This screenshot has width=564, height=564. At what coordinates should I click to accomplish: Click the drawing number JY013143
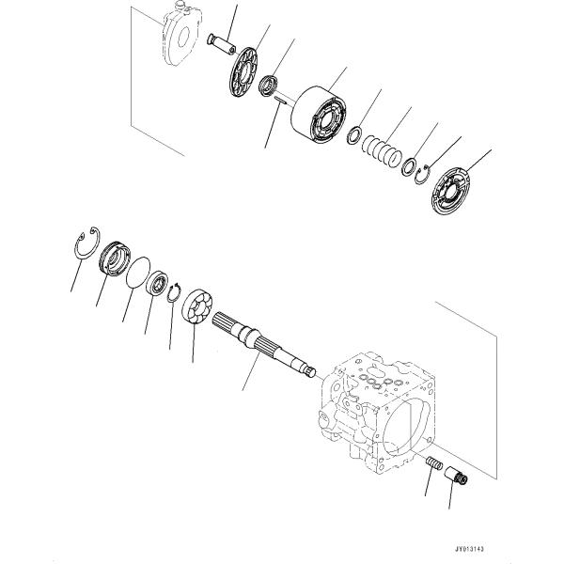469,549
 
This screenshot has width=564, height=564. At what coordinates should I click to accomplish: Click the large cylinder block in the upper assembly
319,115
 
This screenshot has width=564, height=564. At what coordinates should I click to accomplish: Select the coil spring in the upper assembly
382,151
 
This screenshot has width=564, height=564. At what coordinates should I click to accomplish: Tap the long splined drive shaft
263,345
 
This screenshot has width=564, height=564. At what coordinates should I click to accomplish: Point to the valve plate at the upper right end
451,191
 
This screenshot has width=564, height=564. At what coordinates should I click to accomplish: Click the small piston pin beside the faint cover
222,44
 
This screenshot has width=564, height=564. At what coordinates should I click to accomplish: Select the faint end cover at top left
181,36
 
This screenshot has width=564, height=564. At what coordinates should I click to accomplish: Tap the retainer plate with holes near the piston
243,72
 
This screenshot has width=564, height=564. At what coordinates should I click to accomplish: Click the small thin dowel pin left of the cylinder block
280,101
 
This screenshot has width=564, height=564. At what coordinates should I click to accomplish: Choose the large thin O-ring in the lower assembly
138,273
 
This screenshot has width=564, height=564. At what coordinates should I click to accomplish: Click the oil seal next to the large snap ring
115,259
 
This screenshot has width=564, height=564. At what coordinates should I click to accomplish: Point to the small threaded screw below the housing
434,462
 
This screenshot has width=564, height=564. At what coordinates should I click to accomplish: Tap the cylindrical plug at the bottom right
456,476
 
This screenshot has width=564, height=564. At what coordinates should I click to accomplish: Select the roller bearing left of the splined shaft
197,305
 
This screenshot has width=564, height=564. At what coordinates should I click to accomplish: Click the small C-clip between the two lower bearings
174,292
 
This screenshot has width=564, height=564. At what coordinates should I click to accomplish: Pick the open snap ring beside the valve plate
421,175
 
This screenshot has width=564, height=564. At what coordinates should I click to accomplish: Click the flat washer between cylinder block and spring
354,135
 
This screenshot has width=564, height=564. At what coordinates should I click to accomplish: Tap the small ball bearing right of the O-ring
157,283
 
